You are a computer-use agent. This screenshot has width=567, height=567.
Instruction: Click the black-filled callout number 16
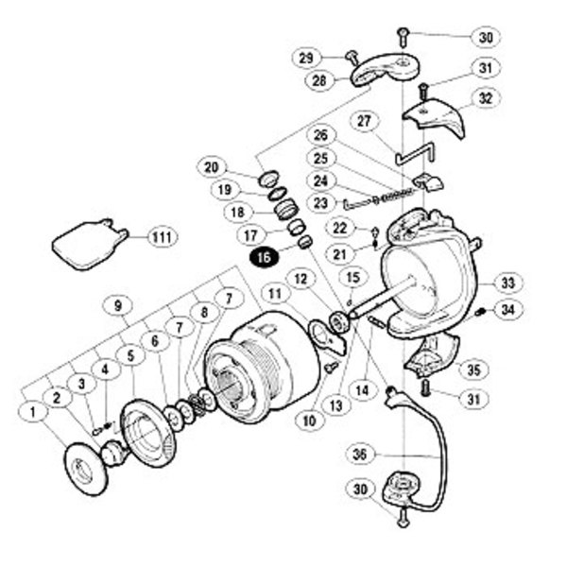point(262,255)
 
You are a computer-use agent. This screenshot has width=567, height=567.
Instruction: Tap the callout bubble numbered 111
point(162,236)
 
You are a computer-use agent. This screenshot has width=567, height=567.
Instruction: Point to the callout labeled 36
point(359,453)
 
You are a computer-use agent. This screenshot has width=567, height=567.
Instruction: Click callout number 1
point(34,412)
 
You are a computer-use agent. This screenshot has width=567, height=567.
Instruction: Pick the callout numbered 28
point(318,81)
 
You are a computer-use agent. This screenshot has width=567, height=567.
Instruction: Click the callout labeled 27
point(366,120)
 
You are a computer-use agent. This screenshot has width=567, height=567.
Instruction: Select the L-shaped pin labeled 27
point(414,154)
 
